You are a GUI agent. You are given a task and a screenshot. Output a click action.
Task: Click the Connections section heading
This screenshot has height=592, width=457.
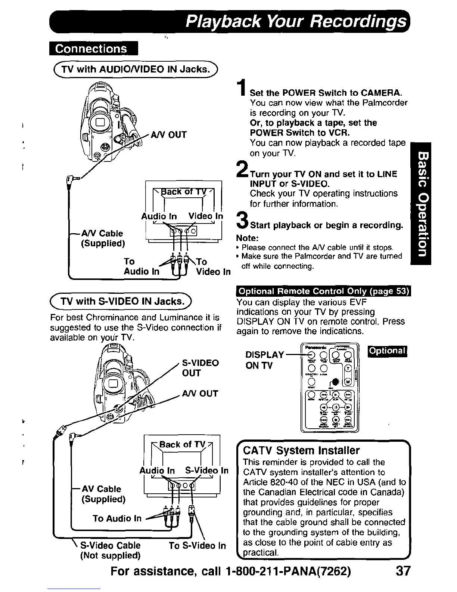(93, 49)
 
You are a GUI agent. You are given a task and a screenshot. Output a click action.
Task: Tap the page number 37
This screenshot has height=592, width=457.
(402, 571)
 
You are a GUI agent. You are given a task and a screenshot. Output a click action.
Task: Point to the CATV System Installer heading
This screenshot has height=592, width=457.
(301, 450)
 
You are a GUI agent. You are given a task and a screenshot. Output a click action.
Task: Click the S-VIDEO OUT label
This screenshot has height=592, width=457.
(200, 368)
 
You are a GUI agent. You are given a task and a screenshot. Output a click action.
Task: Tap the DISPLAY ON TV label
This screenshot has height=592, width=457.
(264, 360)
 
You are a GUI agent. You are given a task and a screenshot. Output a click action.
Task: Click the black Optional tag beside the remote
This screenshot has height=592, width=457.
(387, 351)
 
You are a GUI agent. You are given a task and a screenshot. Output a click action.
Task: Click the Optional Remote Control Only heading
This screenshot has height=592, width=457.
(323, 292)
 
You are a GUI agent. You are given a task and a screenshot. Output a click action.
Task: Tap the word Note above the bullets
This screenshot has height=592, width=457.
(248, 238)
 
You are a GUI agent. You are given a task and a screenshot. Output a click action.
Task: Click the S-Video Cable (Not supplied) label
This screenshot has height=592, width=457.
(111, 550)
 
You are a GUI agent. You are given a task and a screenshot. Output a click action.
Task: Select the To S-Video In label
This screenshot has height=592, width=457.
(197, 546)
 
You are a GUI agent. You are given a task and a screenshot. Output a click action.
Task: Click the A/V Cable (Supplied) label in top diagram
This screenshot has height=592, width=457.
(102, 238)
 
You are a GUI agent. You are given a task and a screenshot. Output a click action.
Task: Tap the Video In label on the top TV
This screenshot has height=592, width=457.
(205, 216)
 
